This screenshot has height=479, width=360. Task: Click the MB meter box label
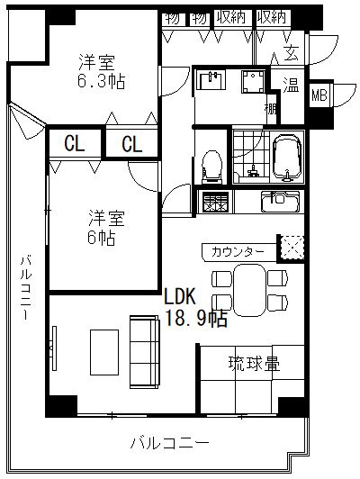pyautogui.click(x=319, y=95)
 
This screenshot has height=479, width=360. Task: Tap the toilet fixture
pyautogui.click(x=211, y=167)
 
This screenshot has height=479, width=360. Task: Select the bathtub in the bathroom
pyautogui.click(x=287, y=158)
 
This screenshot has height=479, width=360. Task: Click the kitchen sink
pyautogui.click(x=280, y=201)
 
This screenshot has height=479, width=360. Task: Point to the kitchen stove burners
pyautogui.click(x=216, y=202)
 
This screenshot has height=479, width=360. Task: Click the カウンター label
pyautogui.click(x=238, y=252)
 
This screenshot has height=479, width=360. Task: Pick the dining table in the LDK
pyautogui.click(x=249, y=290)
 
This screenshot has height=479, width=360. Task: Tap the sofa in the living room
pyautogui.click(x=145, y=352)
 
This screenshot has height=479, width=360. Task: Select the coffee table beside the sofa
pyautogui.click(x=104, y=352)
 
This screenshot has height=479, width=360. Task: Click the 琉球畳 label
pyautogui.click(x=255, y=364)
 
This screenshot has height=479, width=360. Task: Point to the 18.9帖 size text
pyautogui.click(x=195, y=319)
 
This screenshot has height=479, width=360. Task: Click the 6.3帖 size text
pyautogui.click(x=101, y=81)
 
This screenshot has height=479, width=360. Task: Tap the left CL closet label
pyautogui.click(x=74, y=143)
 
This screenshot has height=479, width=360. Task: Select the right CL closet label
pyautogui.click(x=132, y=144)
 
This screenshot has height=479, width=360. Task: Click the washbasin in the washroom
pyautogui.click(x=211, y=80)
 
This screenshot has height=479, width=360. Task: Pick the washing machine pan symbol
pyautogui.click(x=253, y=82)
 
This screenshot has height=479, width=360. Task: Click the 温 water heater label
pyautogui.click(x=291, y=85)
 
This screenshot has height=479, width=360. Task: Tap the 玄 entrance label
pyautogui.click(x=292, y=53)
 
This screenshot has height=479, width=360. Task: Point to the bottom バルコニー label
pyautogui.click(x=170, y=443)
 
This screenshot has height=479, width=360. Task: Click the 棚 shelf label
pyautogui.click(x=271, y=109)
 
